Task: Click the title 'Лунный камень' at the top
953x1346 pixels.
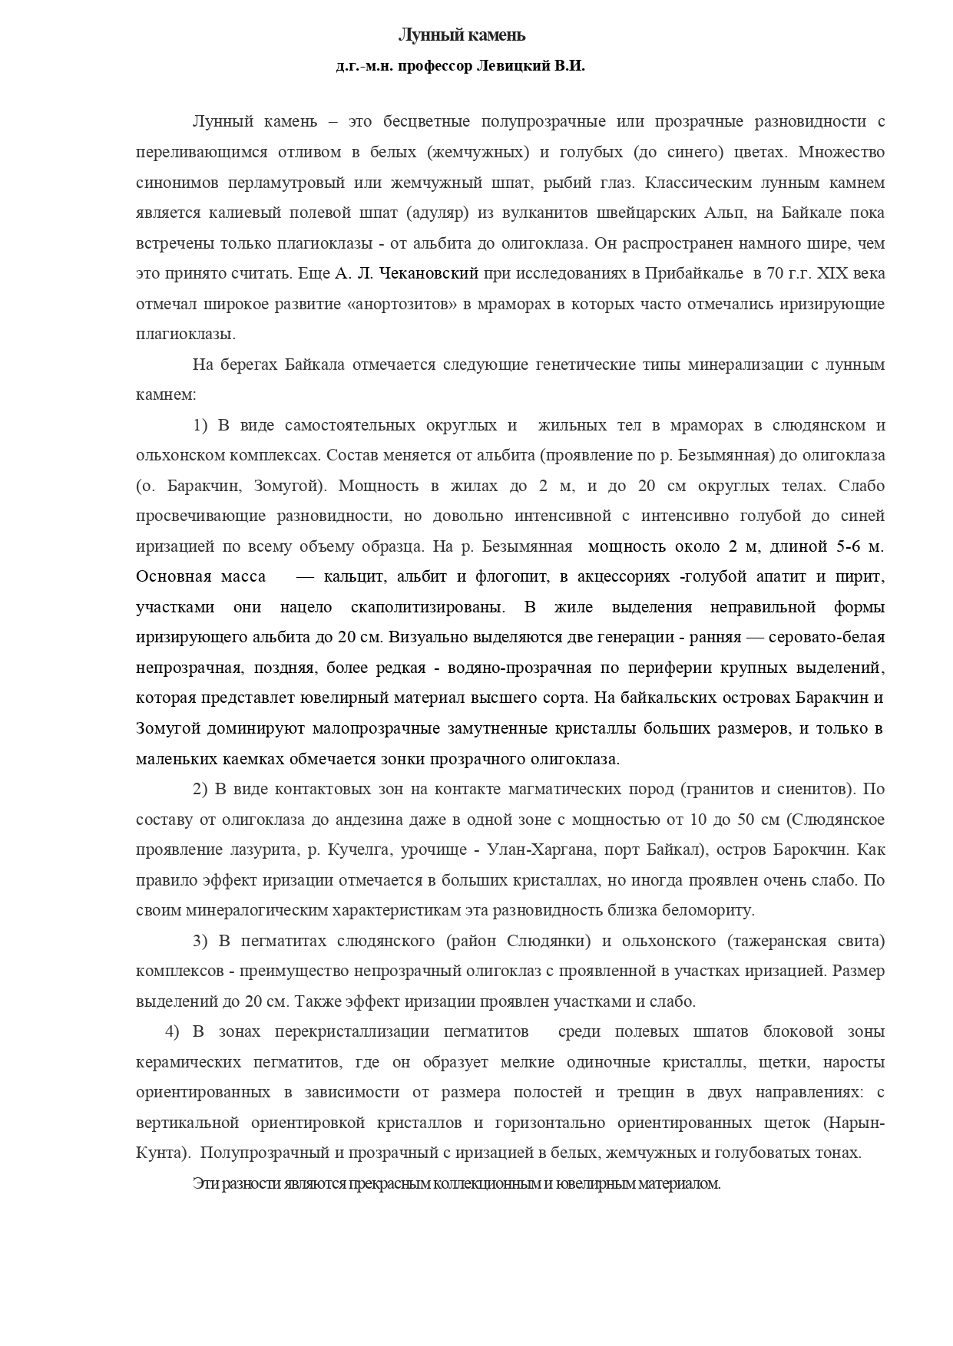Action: pos(461,35)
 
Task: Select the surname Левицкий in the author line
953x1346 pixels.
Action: pos(513,66)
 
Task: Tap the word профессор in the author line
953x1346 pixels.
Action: pos(433,66)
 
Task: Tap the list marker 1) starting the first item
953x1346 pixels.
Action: pos(201,425)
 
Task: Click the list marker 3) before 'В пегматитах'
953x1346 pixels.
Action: pos(200,941)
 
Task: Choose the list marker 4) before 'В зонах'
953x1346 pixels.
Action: pos(172,1032)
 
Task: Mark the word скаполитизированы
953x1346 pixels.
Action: pos(428,607)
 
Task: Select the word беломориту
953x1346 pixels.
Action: pos(710,911)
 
